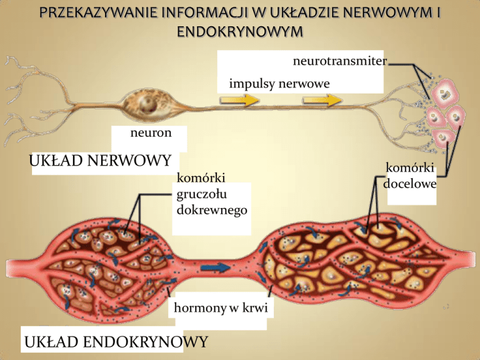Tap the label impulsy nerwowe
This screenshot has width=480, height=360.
point(279,83)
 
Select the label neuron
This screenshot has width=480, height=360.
point(149,132)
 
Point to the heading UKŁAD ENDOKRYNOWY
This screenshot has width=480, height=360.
point(114,342)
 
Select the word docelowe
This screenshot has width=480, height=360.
point(410,184)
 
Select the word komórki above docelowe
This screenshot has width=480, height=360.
point(410,169)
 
